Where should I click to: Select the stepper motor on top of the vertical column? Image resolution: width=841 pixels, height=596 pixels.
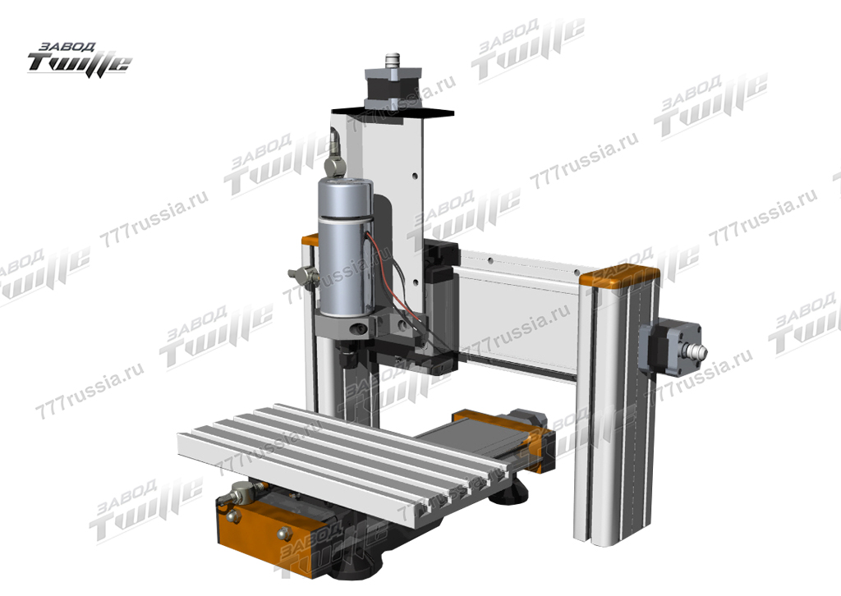click(x=393, y=89)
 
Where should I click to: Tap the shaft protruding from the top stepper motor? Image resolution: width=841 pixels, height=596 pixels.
click(x=393, y=58)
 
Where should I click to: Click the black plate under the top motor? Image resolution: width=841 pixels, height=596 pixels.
click(x=393, y=112)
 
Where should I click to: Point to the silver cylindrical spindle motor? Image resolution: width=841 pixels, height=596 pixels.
click(x=346, y=246)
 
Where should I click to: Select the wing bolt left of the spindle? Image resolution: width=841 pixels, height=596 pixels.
click(x=304, y=276)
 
